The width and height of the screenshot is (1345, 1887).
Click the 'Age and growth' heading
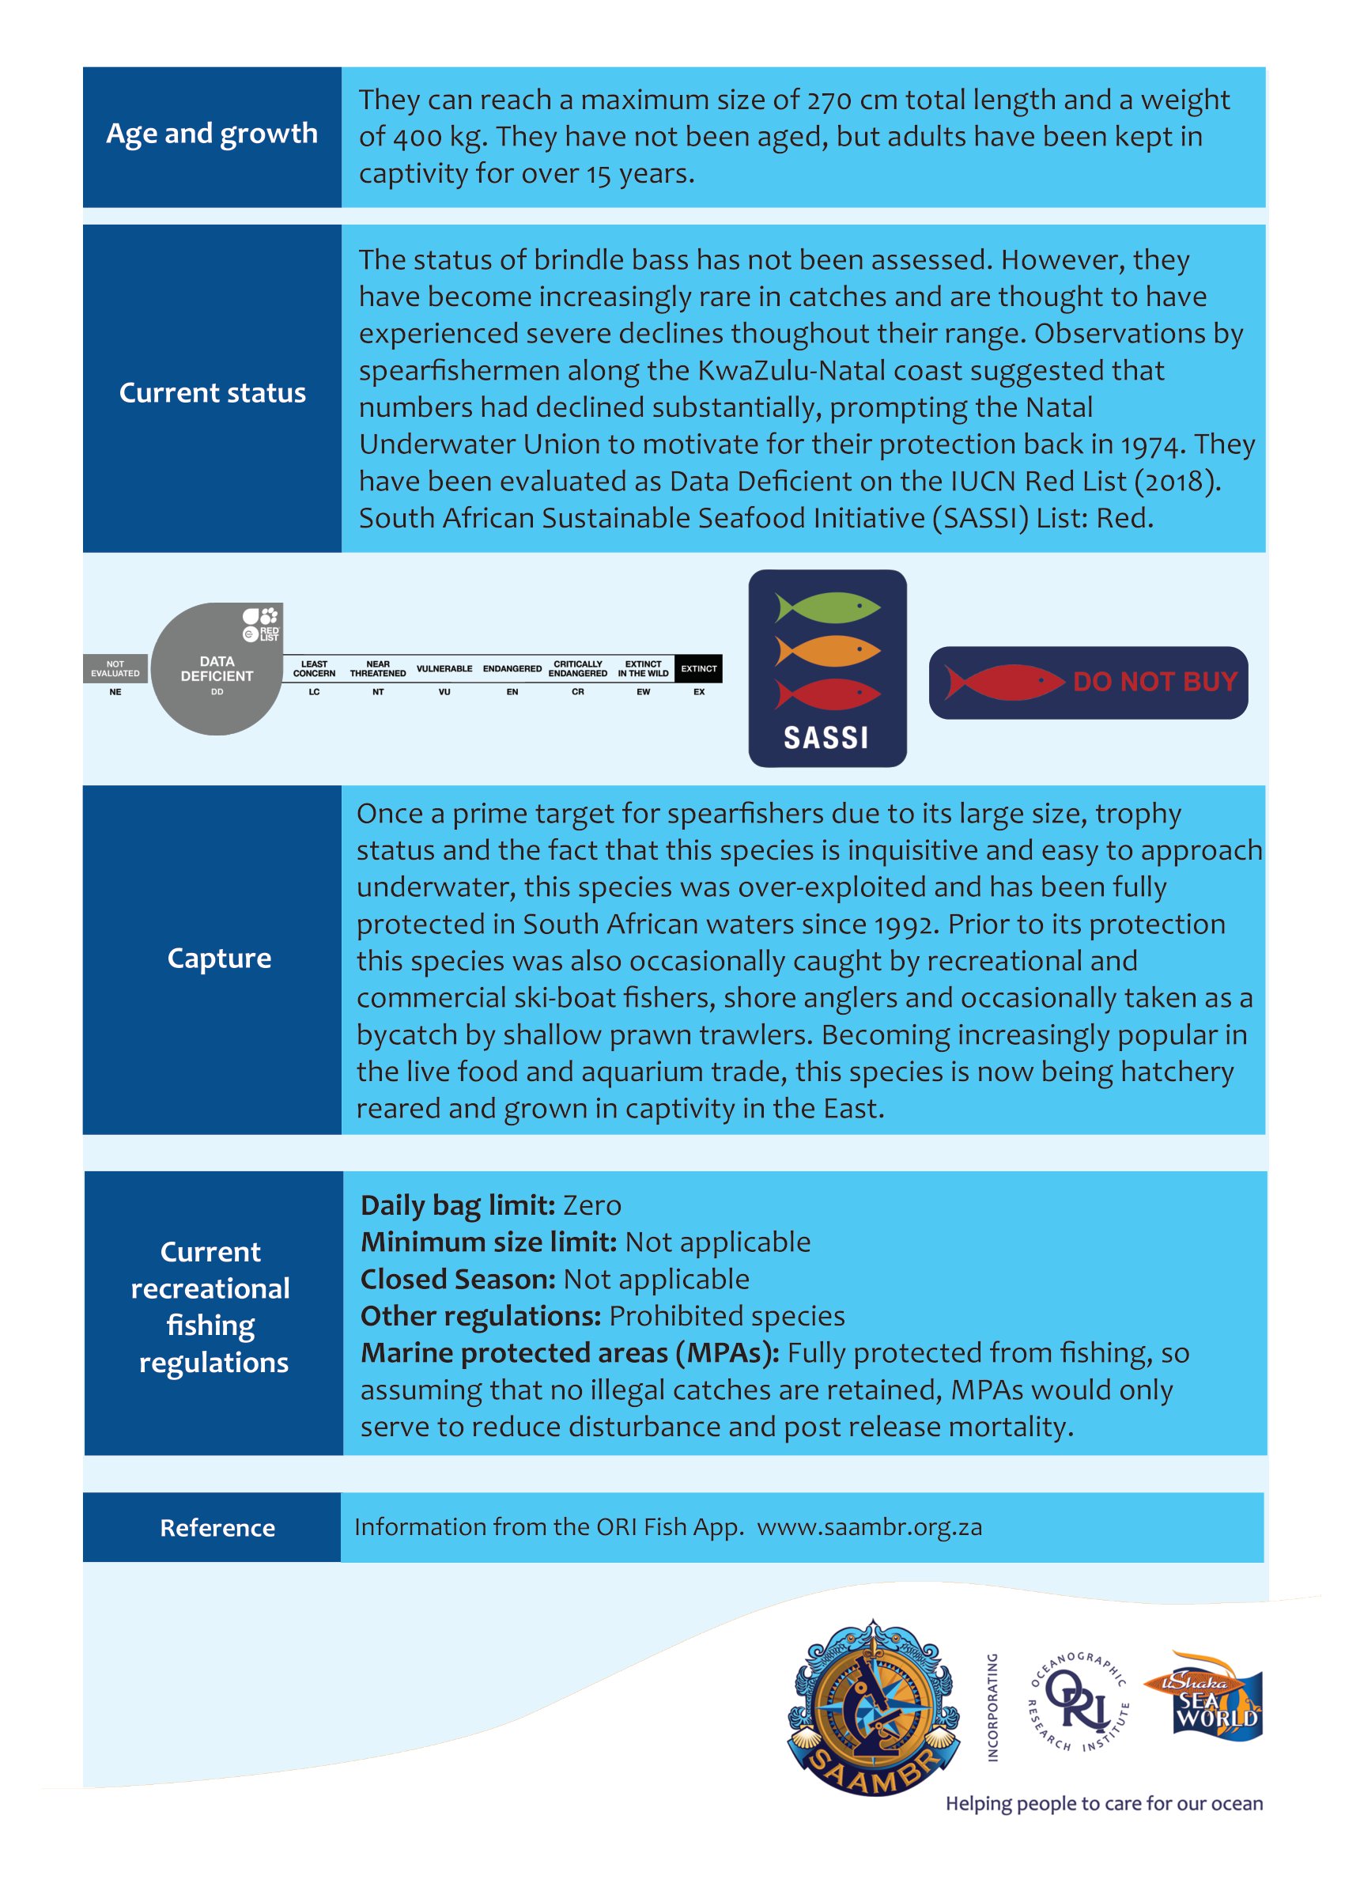[212, 134]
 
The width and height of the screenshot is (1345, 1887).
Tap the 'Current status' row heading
[212, 392]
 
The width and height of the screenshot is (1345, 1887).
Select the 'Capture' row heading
[219, 958]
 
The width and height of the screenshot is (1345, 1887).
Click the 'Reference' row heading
[217, 1527]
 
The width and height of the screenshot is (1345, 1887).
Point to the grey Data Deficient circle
[216, 669]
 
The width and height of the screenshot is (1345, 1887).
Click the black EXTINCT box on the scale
[698, 668]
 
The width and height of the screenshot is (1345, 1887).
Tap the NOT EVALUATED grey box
[115, 668]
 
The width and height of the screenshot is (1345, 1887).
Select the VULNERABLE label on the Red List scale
[444, 668]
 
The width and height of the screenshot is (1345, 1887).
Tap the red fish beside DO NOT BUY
[1003, 683]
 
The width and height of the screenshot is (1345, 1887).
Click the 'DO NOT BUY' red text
[1154, 682]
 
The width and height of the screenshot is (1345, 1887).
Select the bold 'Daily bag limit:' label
[458, 1205]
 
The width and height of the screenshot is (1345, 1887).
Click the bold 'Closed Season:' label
[458, 1279]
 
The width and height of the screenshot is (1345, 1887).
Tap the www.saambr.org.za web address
[869, 1526]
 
